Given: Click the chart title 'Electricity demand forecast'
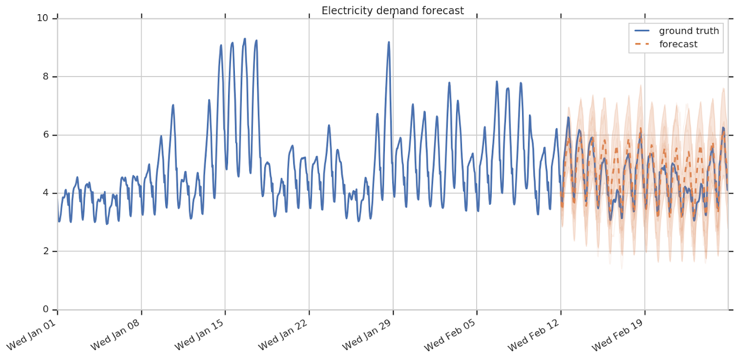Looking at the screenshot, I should tap(393, 10).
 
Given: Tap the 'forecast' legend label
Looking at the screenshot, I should tap(678, 45).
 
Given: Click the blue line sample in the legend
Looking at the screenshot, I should tap(642, 31).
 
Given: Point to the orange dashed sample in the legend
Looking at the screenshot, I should tap(642, 45).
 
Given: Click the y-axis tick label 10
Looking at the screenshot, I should tap(42, 18).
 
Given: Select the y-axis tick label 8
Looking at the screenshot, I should tap(45, 77).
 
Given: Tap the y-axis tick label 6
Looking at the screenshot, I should tap(45, 135).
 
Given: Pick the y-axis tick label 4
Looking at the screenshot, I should tap(45, 193).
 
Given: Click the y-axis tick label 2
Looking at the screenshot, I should tap(45, 251).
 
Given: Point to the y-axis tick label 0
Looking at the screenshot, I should tap(45, 309).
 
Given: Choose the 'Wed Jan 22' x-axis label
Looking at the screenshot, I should tap(283, 336).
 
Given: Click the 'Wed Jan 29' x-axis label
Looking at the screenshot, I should tap(367, 336).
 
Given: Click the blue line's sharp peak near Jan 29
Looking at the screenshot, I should tap(388, 42).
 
